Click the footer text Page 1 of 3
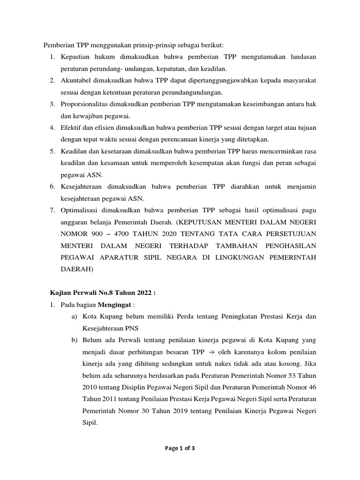tap(180, 448)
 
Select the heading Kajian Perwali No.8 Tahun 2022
tap(102, 293)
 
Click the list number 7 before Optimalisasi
tap(52, 210)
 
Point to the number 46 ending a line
tap(311, 387)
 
